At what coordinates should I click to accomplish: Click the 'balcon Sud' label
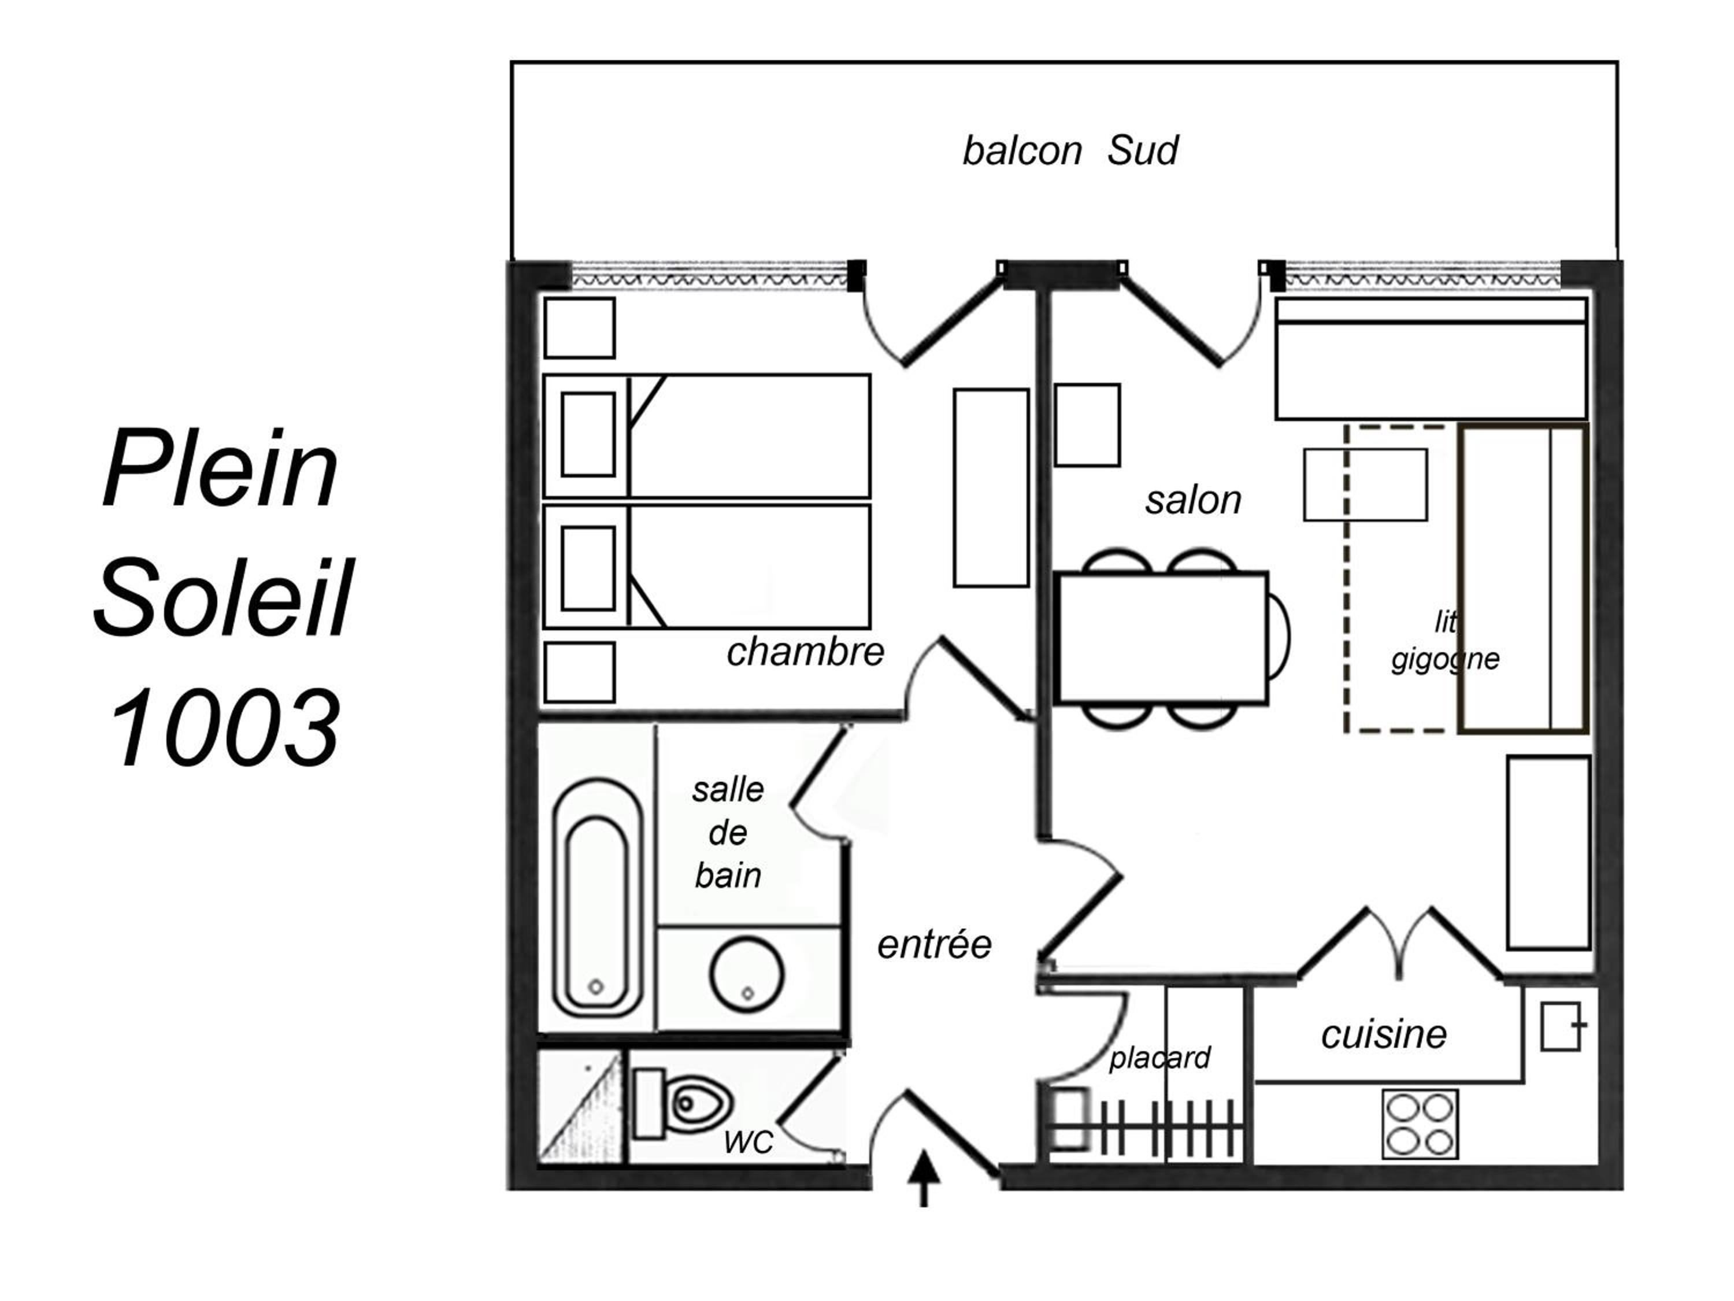(x=1069, y=150)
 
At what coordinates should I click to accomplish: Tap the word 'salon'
(x=1193, y=500)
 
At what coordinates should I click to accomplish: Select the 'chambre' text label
(x=805, y=652)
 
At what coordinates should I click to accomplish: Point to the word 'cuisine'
(x=1384, y=1034)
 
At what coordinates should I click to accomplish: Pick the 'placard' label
(x=1159, y=1058)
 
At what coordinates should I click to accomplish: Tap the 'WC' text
(x=749, y=1143)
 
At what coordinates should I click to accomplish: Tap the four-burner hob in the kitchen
(x=1420, y=1123)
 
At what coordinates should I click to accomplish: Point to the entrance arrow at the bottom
(x=925, y=1178)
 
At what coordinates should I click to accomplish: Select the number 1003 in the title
(x=224, y=727)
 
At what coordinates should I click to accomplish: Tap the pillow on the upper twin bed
(x=588, y=434)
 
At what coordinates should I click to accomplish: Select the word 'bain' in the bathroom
(x=728, y=875)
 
